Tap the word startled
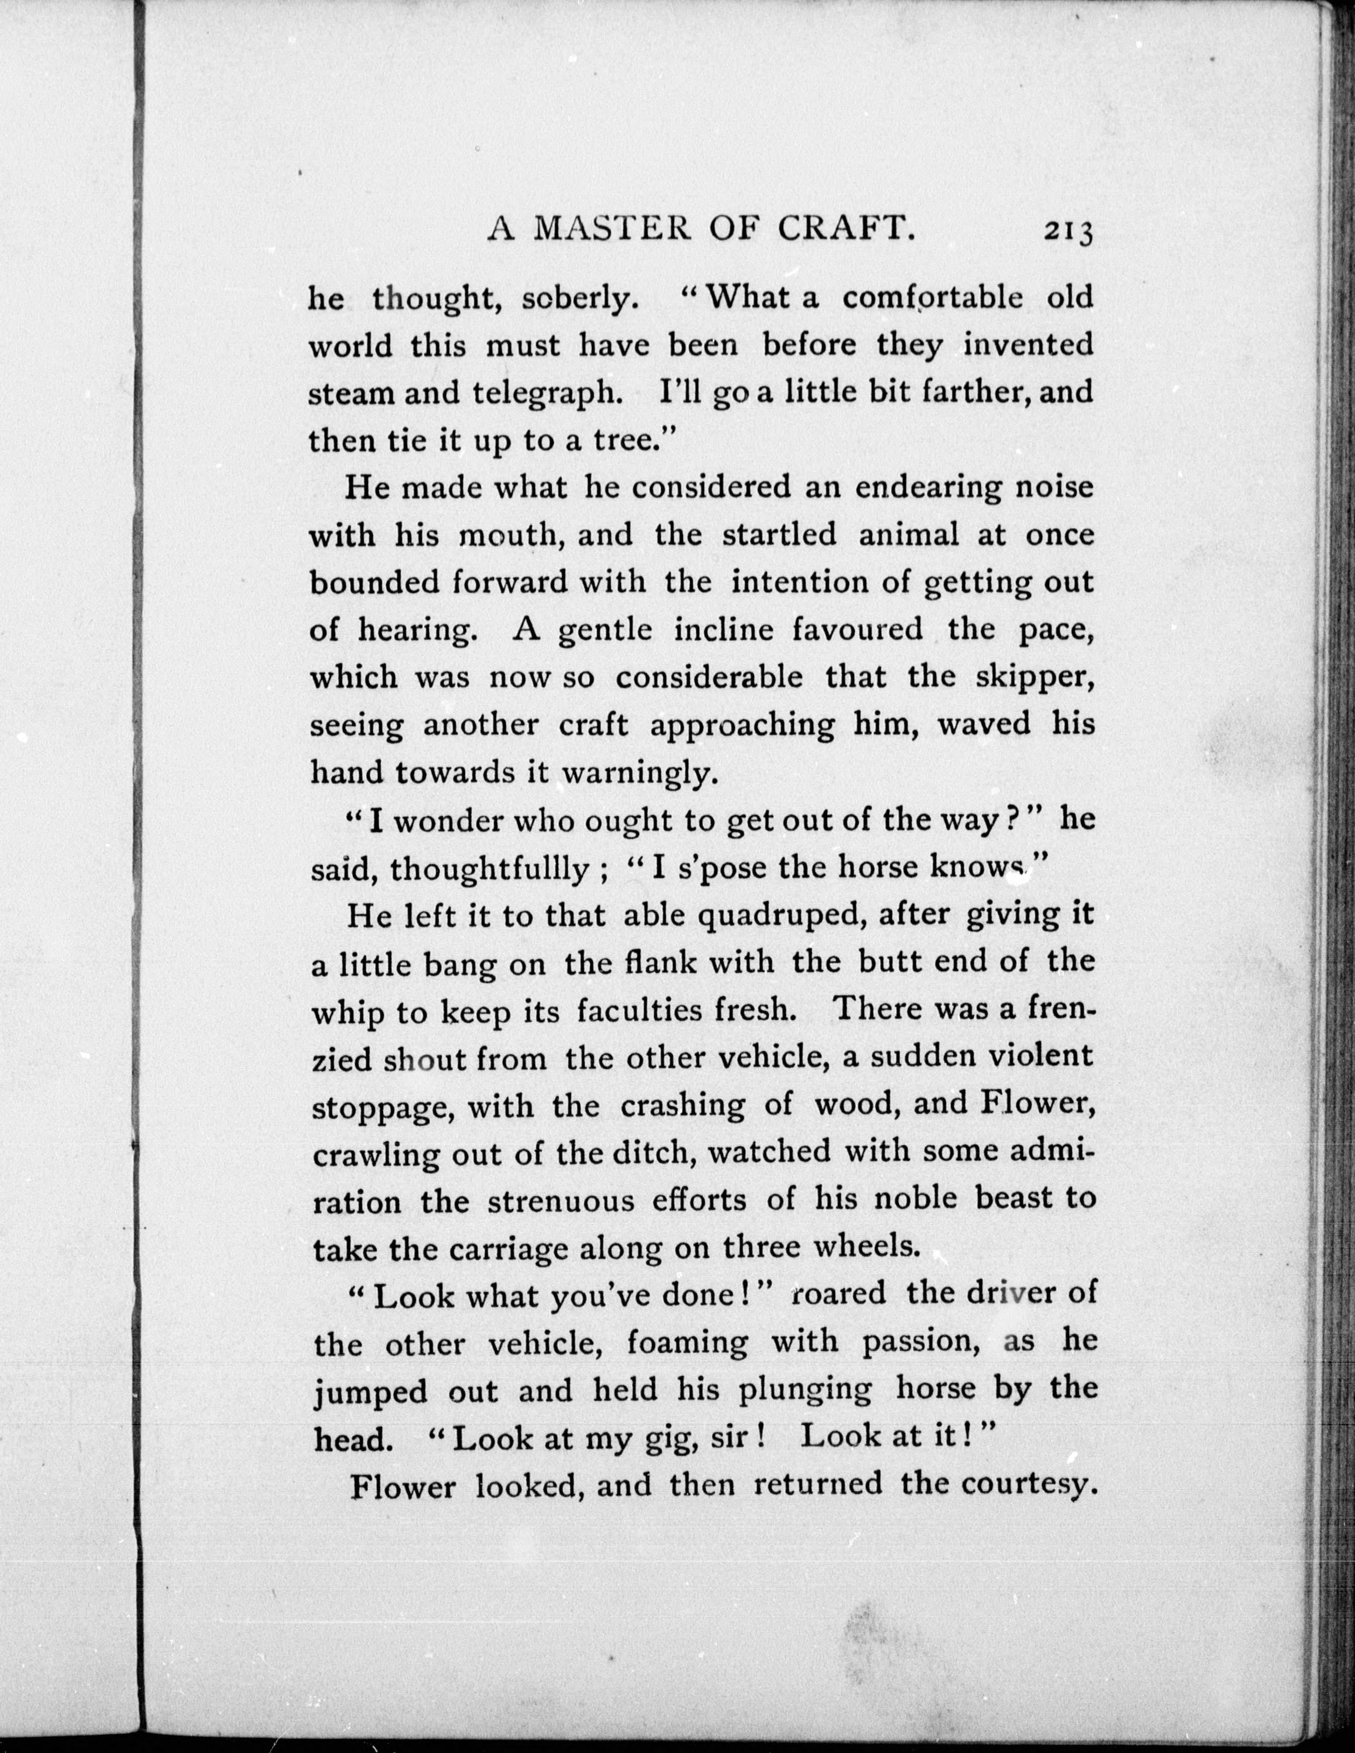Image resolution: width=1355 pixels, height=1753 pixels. [779, 535]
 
